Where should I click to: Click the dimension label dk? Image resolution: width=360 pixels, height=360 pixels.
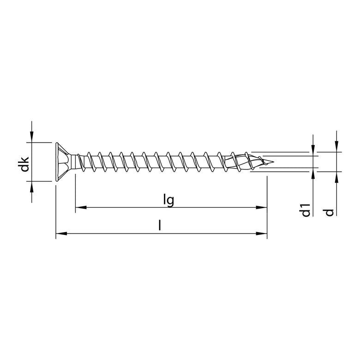(25, 165)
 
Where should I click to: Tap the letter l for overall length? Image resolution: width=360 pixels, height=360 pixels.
(160, 226)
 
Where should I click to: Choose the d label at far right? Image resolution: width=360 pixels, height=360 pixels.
(329, 212)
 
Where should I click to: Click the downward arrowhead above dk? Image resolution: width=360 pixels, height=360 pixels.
(31, 137)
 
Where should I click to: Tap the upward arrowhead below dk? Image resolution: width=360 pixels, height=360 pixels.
(31, 186)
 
